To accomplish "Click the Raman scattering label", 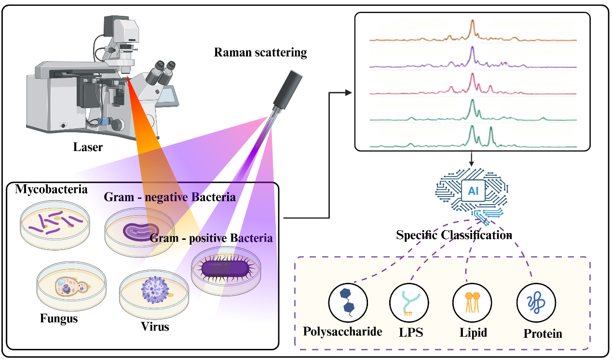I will pos(260,53).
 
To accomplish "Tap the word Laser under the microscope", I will pos(88,147).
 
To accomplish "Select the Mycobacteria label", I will pos(51,189).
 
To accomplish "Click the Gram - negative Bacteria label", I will pos(170,197).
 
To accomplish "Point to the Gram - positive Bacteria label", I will pos(211,238).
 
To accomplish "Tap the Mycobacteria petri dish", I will pos(55,223).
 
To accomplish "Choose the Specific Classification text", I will pos(454,235).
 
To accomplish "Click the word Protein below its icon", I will pos(543,333).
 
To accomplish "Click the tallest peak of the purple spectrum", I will pos(472,48).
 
